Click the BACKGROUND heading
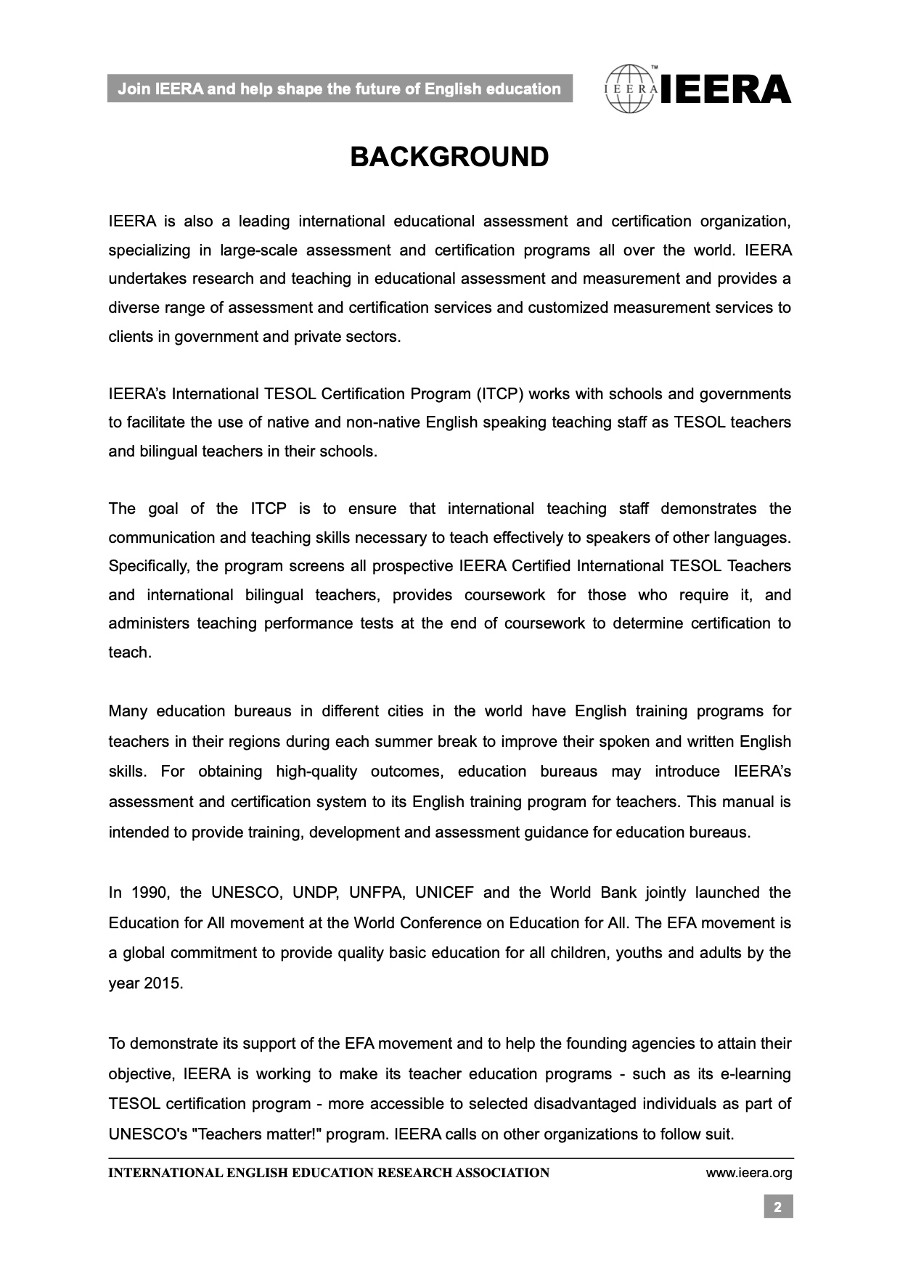tap(449, 157)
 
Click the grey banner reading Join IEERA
tap(340, 89)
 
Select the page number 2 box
tap(777, 1207)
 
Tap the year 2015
tap(163, 984)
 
